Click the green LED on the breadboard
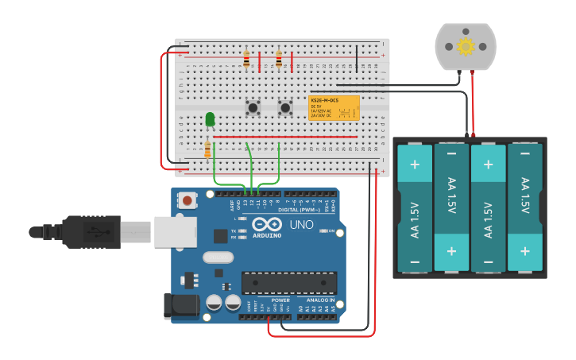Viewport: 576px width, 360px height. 210,119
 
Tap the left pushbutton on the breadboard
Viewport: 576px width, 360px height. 253,106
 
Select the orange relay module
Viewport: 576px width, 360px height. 334,107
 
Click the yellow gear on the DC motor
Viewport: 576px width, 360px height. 466,46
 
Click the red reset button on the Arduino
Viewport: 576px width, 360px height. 187,200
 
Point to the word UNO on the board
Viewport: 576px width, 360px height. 303,226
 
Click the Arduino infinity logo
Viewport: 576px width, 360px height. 267,225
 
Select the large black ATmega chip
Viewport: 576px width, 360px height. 289,283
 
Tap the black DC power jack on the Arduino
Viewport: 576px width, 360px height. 179,307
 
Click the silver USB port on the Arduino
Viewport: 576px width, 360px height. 175,231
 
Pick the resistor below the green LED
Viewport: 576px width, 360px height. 208,149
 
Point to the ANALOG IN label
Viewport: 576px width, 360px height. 316,300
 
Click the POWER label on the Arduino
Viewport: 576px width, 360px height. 280,300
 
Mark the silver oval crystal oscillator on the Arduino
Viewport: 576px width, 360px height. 218,257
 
